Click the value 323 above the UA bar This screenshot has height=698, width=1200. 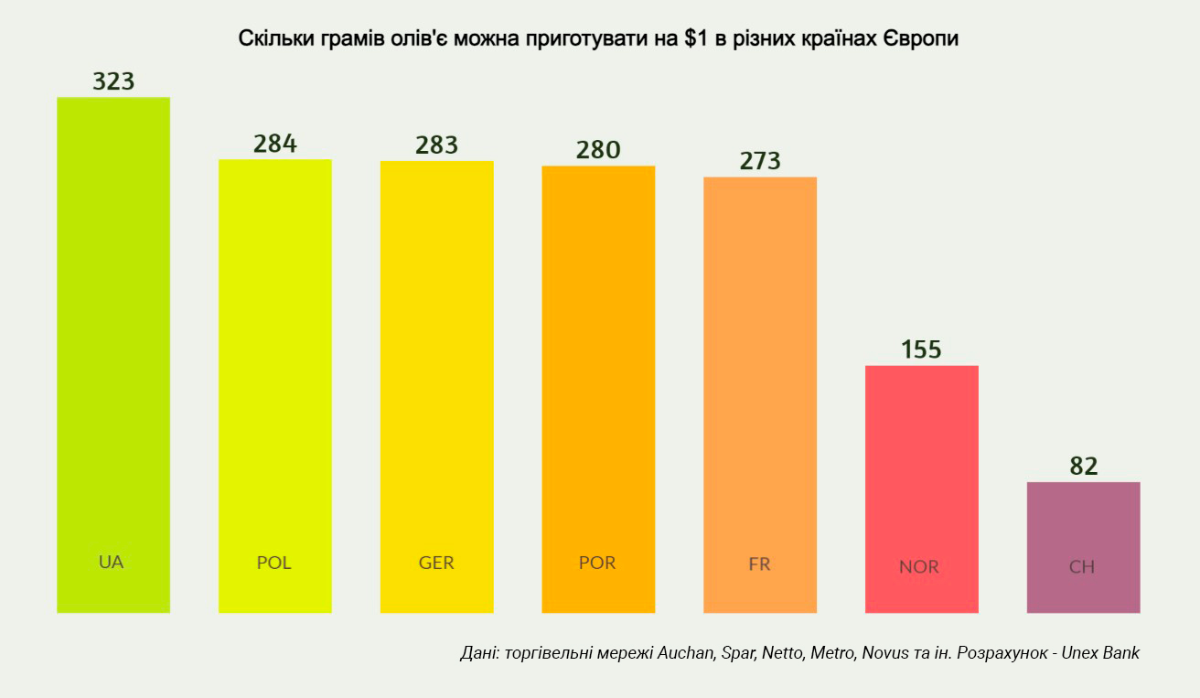pyautogui.click(x=113, y=81)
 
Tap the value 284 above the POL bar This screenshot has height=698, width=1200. pyautogui.click(x=275, y=145)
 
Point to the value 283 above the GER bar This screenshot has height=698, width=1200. pyautogui.click(x=436, y=145)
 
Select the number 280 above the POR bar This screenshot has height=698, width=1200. pyautogui.click(x=598, y=150)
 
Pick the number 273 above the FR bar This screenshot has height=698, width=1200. pyautogui.click(x=760, y=161)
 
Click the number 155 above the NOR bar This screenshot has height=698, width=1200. pyautogui.click(x=921, y=349)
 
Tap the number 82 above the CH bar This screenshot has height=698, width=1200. pyautogui.click(x=1084, y=466)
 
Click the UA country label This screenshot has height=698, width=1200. pyautogui.click(x=111, y=562)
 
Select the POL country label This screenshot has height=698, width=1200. pyautogui.click(x=273, y=563)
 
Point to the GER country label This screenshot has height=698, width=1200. pyautogui.click(x=436, y=563)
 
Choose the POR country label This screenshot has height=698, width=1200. pyautogui.click(x=597, y=563)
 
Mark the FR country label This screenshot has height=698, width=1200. pyautogui.click(x=759, y=564)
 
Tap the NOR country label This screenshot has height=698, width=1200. pyautogui.click(x=919, y=566)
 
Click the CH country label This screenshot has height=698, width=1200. pyautogui.click(x=1082, y=566)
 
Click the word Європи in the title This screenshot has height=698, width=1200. pyautogui.click(x=920, y=39)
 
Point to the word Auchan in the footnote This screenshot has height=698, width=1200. pyautogui.click(x=685, y=653)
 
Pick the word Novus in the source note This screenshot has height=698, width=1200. pyautogui.click(x=885, y=653)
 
